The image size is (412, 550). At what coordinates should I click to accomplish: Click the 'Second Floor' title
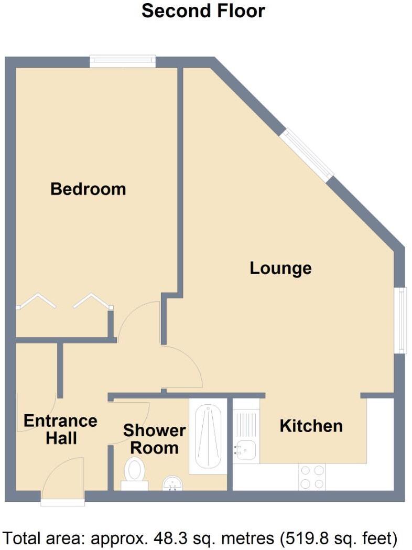click(203, 11)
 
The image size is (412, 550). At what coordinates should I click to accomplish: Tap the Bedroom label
click(88, 189)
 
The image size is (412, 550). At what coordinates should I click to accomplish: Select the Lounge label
click(280, 268)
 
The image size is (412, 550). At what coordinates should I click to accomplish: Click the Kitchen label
click(311, 426)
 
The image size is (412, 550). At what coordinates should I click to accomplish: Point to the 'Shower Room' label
click(154, 439)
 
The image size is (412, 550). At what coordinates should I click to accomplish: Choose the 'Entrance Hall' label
click(60, 429)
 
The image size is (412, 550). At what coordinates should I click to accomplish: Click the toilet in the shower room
click(135, 472)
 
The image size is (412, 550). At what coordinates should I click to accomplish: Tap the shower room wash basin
click(173, 483)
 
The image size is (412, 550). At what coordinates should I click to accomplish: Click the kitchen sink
click(245, 450)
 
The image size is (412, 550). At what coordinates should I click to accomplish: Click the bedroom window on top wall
click(123, 61)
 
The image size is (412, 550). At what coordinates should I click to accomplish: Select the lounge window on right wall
click(400, 320)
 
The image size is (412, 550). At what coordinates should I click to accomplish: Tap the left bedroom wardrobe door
click(37, 301)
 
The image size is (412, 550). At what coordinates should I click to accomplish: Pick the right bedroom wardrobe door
click(92, 301)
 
